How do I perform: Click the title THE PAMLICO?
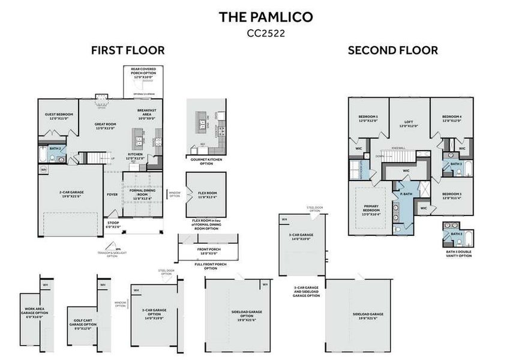pos(265,17)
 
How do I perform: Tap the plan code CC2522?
pos(265,34)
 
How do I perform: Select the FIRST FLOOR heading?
pos(128,50)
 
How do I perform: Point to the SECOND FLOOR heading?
pos(392,50)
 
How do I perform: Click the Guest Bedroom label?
pos(59,116)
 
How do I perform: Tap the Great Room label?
pos(105,126)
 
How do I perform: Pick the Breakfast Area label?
pos(146,114)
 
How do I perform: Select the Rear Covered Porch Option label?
pos(143,73)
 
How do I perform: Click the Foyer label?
pos(112,194)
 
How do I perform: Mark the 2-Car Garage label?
pos(71,194)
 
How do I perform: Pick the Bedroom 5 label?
pos(368,118)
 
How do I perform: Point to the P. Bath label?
pos(405,194)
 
